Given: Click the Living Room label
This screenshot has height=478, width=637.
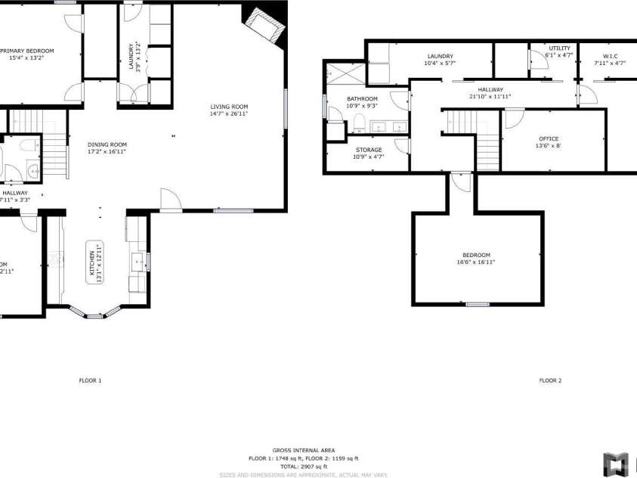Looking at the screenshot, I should [x=229, y=107].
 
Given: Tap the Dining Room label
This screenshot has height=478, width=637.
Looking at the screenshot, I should [x=107, y=144].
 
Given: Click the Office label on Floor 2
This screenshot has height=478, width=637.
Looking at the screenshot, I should [x=549, y=139].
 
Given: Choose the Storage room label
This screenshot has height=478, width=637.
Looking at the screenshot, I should [x=369, y=150].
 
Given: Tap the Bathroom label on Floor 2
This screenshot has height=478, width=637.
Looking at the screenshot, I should [x=362, y=99].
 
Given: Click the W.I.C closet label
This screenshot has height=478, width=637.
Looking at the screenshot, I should [x=610, y=57].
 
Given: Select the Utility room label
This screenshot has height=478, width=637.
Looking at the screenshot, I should [x=559, y=48].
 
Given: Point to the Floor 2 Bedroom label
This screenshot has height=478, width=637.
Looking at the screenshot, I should [x=476, y=255].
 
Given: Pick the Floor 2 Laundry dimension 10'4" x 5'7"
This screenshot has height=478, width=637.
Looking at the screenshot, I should [x=440, y=64].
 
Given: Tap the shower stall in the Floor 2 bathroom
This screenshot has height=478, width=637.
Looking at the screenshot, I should [x=344, y=75].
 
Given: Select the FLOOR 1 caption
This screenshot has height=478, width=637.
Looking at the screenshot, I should [x=90, y=380].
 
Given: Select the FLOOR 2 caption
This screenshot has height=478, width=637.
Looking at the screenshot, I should [x=550, y=380].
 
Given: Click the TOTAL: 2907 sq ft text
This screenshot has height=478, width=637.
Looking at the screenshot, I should [x=303, y=467].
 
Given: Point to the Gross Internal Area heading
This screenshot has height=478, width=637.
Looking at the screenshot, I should [x=303, y=450].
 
